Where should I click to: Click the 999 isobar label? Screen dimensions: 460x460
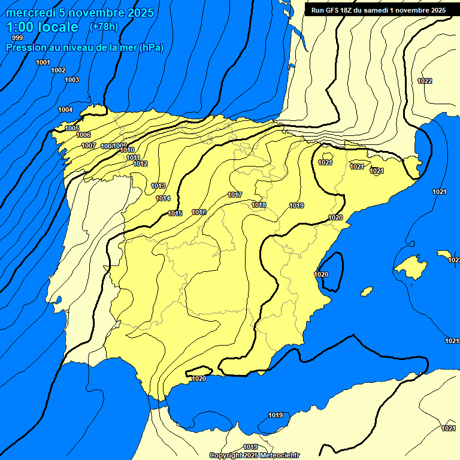tap(17, 38)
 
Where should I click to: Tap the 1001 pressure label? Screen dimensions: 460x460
tap(43, 62)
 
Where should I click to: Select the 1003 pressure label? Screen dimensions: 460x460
tap(72, 80)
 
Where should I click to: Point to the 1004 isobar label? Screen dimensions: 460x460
tap(65, 110)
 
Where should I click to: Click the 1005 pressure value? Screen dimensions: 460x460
tap(72, 128)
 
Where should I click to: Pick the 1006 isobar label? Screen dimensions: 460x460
tap(83, 135)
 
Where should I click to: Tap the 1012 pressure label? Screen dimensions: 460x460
tap(140, 164)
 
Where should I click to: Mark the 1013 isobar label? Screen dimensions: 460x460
tap(158, 186)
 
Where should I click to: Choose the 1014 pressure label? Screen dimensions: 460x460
tap(163, 198)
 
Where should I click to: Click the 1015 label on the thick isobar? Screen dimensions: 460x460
tap(175, 213)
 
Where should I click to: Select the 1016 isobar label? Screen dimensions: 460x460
tap(199, 213)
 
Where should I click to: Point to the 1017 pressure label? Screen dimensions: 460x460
tap(235, 195)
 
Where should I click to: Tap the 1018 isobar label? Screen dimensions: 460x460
tap(259, 205)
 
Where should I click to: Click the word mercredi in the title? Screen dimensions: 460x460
tap(31, 13)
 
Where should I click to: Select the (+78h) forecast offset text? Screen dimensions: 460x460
tap(103, 26)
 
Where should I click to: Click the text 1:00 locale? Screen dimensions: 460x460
tap(42, 27)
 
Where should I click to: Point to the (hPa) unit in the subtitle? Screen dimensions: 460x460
tap(151, 48)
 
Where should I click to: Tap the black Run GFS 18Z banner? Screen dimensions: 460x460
tap(378, 10)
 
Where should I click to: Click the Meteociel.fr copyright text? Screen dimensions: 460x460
tap(255, 455)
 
